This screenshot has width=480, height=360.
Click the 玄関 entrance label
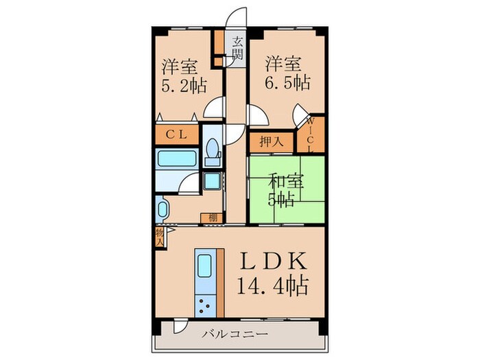point(237,49)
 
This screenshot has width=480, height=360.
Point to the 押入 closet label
point(270,143)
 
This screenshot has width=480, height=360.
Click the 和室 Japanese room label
point(283,182)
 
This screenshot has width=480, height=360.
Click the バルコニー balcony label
point(236,335)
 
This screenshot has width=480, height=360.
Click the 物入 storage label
point(159,237)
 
